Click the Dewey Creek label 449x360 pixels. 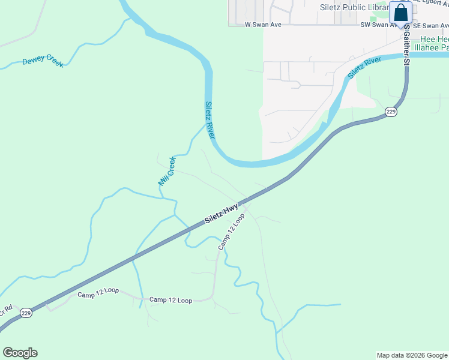[43, 62]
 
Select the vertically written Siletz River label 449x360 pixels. [209, 119]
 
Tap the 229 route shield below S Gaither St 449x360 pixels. [391, 112]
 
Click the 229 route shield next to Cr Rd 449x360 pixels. [25, 313]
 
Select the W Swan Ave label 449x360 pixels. [263, 25]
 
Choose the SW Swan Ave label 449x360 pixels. [378, 25]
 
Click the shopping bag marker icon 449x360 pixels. [400, 12]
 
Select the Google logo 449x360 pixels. [20, 353]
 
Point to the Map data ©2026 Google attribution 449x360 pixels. [412, 355]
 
